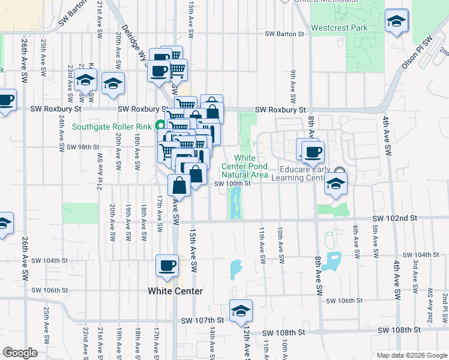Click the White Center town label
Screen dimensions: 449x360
click(175, 291)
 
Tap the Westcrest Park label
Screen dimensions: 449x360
click(339, 28)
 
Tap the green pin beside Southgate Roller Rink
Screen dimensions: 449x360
click(160, 126)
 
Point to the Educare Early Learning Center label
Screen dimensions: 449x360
click(306, 173)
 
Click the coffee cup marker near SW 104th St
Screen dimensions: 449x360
click(167, 265)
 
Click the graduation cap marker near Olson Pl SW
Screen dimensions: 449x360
click(396, 22)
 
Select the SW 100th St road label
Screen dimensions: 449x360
click(232, 184)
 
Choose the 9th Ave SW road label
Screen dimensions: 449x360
click(293, 86)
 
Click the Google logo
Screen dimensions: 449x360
click(20, 353)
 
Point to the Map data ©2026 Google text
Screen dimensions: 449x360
click(411, 355)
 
